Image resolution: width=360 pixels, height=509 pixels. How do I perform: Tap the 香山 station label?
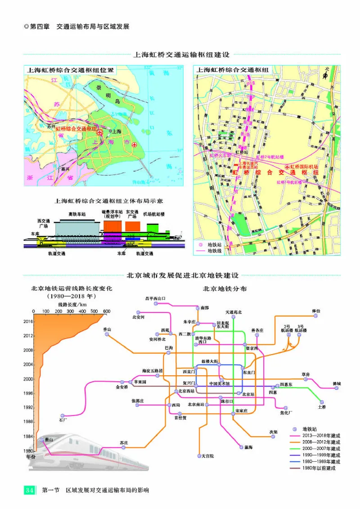[107, 329]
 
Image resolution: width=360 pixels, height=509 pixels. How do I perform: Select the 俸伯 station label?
[315, 311]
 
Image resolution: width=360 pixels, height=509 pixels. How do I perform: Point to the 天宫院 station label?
[207, 456]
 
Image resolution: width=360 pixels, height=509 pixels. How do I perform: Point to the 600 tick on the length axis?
[107, 311]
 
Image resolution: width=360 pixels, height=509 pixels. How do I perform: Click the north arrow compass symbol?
[325, 75]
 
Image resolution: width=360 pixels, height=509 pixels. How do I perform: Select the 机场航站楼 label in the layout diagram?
[153, 214]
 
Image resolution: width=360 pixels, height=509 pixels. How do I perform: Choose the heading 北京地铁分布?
[224, 289]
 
